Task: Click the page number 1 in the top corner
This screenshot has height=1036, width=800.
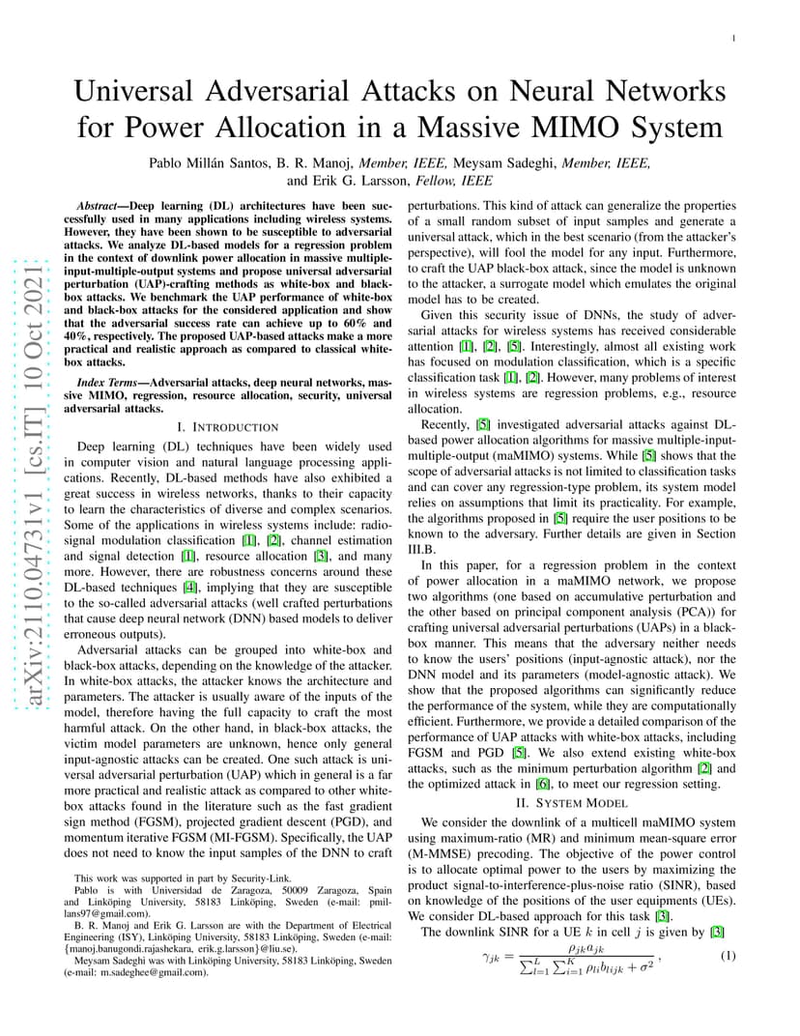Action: click(734, 39)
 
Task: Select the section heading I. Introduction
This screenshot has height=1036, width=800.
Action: click(228, 426)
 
